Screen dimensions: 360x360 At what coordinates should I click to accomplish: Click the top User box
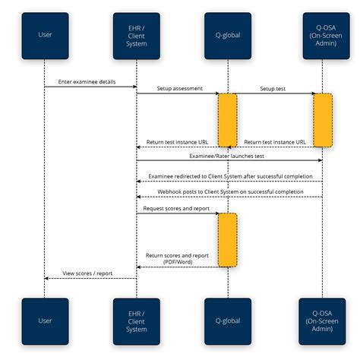tap(45, 34)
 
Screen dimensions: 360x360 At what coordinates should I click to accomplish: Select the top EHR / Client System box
tap(137, 34)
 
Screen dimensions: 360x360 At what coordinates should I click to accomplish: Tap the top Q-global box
tap(229, 34)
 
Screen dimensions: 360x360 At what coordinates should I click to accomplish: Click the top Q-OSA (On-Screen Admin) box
tap(321, 34)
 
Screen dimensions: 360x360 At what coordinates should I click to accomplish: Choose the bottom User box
tap(45, 321)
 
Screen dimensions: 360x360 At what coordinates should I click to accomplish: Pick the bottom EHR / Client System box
tap(137, 321)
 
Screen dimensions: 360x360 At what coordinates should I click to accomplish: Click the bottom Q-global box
tap(229, 321)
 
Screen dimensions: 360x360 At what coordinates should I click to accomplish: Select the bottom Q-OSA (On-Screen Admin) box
tap(321, 321)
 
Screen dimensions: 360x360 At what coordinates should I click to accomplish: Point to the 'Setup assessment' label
tap(179, 89)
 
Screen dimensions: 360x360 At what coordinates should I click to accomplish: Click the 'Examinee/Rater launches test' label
tap(227, 156)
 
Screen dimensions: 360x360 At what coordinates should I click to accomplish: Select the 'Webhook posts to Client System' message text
tap(228, 192)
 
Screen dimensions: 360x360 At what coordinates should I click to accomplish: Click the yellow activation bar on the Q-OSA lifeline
tap(322, 120)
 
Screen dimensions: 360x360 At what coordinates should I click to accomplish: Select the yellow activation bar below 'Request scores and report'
tap(228, 239)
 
